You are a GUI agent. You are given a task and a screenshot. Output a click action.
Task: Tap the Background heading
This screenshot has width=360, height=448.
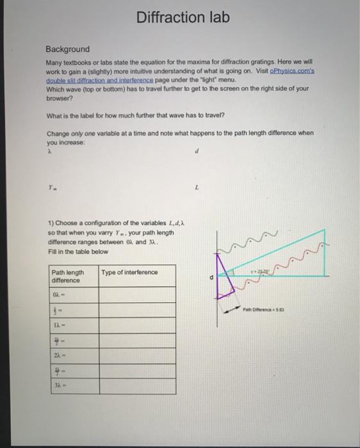click(x=67, y=49)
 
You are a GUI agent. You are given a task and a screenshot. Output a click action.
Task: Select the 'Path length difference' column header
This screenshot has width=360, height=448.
click(x=67, y=276)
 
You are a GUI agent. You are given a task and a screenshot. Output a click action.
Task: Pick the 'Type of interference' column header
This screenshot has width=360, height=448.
click(x=129, y=273)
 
